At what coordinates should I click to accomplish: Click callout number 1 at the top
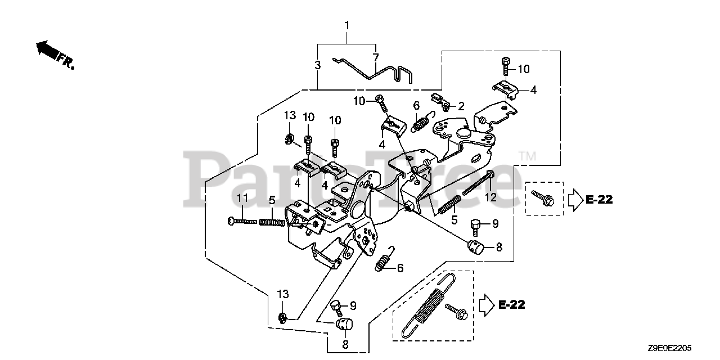click(347, 25)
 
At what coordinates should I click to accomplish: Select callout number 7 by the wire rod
click(376, 57)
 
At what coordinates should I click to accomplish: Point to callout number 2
click(461, 106)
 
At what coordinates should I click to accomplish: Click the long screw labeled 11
click(243, 221)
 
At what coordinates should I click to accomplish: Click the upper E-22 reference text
click(598, 199)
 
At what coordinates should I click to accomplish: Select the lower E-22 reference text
click(511, 305)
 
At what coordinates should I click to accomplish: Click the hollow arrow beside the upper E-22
click(574, 199)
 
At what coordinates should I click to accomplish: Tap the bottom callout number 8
click(345, 343)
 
